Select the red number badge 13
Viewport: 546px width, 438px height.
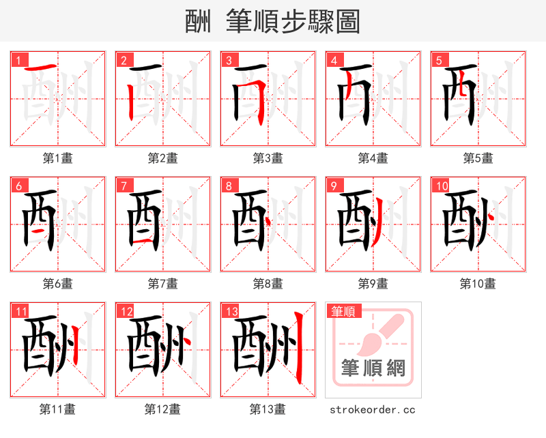(x=231, y=312)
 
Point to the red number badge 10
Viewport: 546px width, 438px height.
(x=441, y=186)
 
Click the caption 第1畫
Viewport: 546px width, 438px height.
(x=58, y=158)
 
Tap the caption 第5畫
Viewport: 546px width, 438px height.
(x=478, y=158)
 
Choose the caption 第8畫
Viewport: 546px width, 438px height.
(x=268, y=283)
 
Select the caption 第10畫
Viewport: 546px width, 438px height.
(x=478, y=283)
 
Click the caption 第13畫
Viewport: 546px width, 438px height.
(x=268, y=409)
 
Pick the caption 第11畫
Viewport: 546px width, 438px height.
(x=58, y=409)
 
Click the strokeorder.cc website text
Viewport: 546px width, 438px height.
(x=373, y=409)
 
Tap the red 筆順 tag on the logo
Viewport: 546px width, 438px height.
(x=343, y=311)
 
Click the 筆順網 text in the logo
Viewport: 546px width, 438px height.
(x=373, y=369)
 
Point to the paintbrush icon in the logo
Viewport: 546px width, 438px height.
(x=374, y=334)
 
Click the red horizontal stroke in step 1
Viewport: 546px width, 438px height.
(x=43, y=68)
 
